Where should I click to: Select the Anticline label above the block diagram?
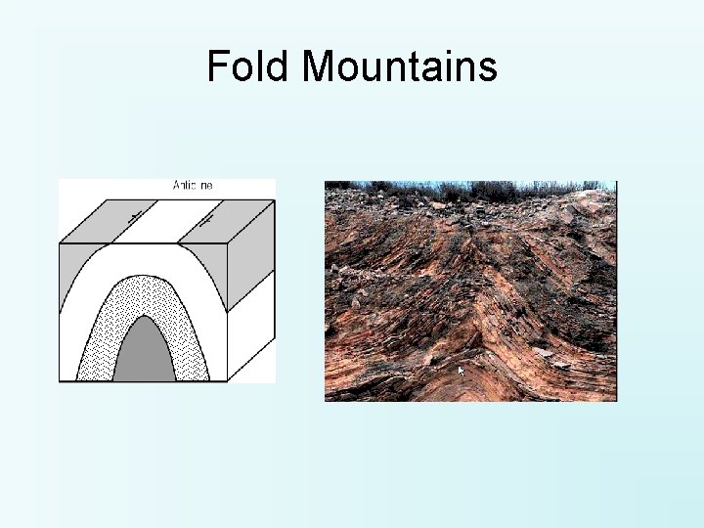[193, 185]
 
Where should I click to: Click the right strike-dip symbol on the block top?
[205, 222]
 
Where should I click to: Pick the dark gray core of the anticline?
[144, 354]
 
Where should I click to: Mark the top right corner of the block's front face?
[228, 242]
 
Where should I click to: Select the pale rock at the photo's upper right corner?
[598, 200]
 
